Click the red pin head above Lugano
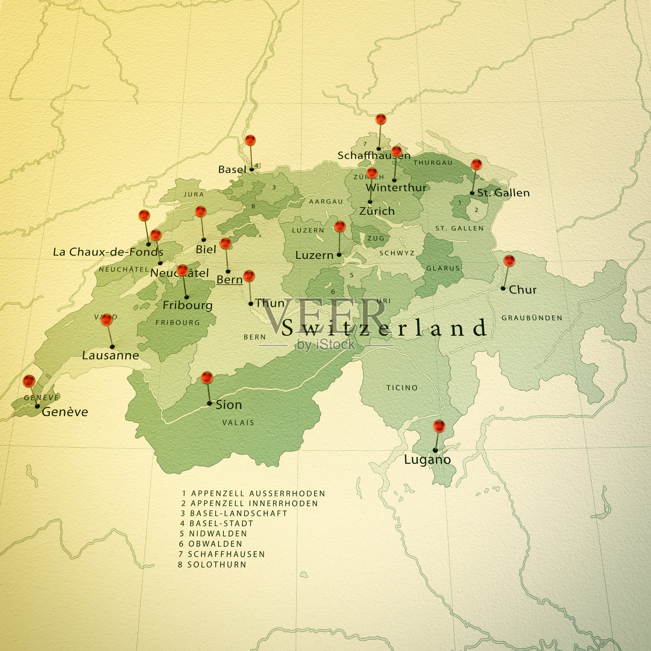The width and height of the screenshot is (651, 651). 439,426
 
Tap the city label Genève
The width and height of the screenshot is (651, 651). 65,412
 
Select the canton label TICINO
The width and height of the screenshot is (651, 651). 402,388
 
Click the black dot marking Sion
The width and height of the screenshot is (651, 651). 210,404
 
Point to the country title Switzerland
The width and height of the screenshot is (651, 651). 384,328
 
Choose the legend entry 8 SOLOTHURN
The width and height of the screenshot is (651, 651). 212,565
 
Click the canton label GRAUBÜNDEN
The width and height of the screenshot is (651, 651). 532,318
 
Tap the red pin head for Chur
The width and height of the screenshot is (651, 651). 509,260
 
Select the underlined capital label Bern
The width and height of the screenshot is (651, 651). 229,280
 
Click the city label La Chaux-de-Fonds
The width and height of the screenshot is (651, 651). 108,252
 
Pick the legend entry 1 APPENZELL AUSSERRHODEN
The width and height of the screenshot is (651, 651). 253,494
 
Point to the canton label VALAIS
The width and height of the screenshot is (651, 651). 238,423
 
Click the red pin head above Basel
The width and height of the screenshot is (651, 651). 250,140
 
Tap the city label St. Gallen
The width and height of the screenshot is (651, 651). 503,193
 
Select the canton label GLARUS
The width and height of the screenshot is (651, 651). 443,268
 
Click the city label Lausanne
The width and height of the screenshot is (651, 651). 111,356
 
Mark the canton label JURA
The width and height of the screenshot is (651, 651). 194,194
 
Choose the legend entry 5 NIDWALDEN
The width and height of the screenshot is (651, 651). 214,533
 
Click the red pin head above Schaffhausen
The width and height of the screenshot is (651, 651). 381,119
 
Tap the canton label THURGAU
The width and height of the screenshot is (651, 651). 433,163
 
